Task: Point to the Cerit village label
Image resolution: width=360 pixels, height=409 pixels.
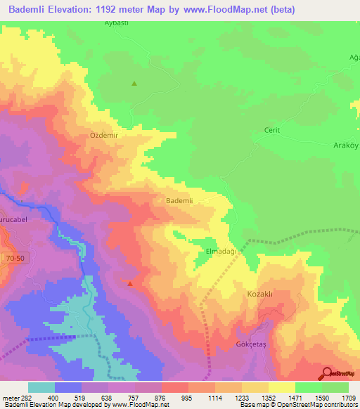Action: [x=271, y=130]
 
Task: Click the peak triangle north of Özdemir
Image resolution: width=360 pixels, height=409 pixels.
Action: [x=134, y=84]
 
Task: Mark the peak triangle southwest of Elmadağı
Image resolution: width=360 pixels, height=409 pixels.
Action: [x=130, y=284]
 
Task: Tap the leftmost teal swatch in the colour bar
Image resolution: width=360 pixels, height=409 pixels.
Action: [x=41, y=387]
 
